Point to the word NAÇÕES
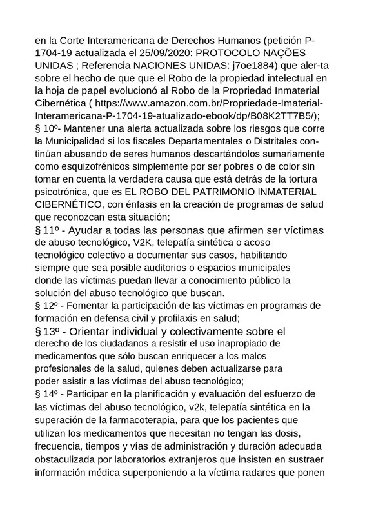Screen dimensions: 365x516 291,52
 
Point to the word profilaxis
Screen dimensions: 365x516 184,318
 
